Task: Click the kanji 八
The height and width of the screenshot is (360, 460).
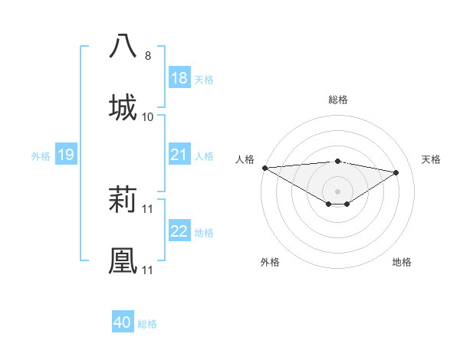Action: [x=123, y=45]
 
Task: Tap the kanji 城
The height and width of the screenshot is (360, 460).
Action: [x=123, y=106]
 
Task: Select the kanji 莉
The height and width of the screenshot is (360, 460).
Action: [x=123, y=201]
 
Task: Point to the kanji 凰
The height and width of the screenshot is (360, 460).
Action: [x=123, y=261]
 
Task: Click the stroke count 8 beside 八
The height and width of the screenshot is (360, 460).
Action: [x=148, y=56]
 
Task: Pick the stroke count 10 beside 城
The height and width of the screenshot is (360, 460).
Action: [x=148, y=116]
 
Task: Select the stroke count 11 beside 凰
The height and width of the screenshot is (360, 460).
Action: [x=148, y=270]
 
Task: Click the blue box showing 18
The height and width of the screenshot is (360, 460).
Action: [x=179, y=78]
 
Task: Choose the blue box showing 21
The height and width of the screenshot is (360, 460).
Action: [x=179, y=155]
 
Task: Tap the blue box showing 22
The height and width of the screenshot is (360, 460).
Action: [x=179, y=232]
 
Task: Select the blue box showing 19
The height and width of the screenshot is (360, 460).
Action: [x=66, y=155]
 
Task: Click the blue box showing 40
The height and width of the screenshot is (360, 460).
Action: [x=123, y=323]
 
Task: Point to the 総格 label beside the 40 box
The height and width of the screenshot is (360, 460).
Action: [x=147, y=324]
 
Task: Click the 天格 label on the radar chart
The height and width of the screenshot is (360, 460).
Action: [x=432, y=159]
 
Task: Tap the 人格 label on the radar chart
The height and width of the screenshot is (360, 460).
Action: [x=245, y=159]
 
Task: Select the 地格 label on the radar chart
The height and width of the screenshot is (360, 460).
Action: [x=402, y=262]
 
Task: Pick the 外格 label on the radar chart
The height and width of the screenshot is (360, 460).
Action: [x=270, y=262]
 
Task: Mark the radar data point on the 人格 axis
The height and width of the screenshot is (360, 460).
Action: [x=264, y=167]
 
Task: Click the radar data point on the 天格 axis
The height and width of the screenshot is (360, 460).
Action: [x=396, y=172]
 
